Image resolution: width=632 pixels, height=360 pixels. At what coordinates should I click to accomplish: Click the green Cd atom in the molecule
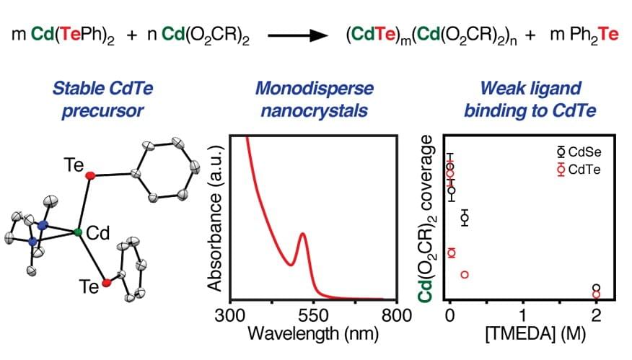pos(77,232)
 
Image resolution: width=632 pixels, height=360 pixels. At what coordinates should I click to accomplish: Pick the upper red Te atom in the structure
pos(89,175)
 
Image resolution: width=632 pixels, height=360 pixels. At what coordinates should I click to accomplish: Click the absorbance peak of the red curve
pos(302,234)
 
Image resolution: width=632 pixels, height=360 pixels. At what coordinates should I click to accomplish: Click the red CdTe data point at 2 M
pos(597,295)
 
